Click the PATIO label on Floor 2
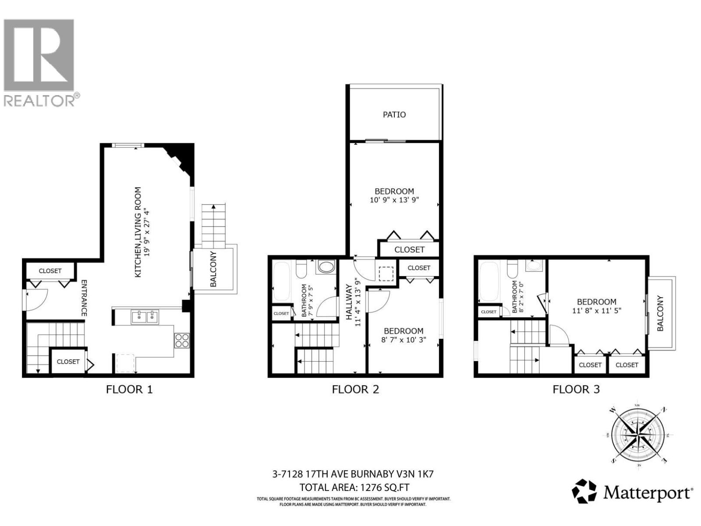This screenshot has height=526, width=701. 394,114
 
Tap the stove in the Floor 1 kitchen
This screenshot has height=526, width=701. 182,341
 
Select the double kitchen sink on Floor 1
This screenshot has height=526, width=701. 145,317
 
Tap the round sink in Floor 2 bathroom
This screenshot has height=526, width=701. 325,267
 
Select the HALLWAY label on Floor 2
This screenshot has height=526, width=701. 349,305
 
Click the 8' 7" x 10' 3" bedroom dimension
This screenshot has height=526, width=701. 404,340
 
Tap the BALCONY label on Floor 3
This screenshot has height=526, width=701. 660,313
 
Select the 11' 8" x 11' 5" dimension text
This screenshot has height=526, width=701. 596,310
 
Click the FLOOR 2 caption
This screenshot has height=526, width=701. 355,389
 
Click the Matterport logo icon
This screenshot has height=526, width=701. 584,491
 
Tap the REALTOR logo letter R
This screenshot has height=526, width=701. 39,55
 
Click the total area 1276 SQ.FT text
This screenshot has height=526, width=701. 354,487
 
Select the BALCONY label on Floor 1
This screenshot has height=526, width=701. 213,269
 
